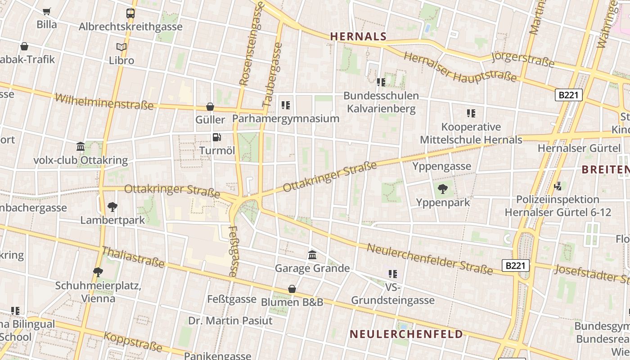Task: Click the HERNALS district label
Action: point(358,36)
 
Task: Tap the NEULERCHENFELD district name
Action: point(406,334)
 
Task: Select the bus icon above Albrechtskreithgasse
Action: point(130,13)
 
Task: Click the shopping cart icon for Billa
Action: point(46,11)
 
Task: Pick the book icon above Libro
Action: point(121,47)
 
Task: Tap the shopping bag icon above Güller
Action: point(210,107)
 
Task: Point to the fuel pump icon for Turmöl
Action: point(217,137)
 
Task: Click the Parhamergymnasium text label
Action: point(285,119)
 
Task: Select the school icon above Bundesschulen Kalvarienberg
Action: point(381,82)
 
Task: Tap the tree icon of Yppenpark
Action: point(443,189)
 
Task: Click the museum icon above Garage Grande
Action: point(312,255)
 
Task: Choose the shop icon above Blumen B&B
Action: point(292,289)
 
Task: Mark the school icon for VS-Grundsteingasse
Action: point(393,274)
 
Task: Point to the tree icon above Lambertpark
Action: point(112,207)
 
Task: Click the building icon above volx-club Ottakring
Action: point(81,146)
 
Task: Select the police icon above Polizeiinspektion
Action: point(558,186)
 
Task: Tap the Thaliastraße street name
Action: point(133,257)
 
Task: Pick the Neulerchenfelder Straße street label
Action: point(429,259)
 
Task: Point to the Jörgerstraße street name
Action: point(522,59)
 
